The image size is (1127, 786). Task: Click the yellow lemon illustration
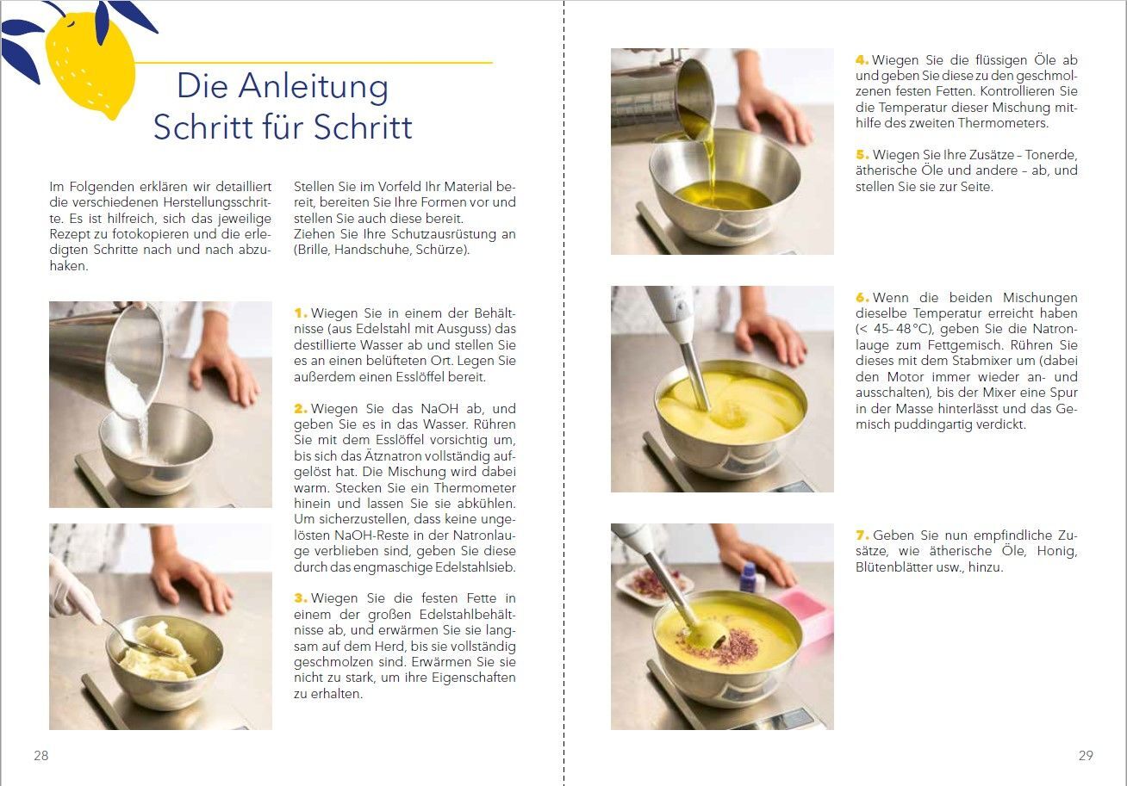pyautogui.click(x=90, y=63)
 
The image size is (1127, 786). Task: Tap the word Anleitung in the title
pyautogui.click(x=314, y=86)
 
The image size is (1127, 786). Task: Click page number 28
pyautogui.click(x=41, y=755)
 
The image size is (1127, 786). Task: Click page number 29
pyautogui.click(x=1086, y=755)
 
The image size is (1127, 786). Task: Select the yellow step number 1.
pyautogui.click(x=301, y=313)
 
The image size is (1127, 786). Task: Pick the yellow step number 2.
pyautogui.click(x=301, y=409)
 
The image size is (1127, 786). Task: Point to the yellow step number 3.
pyautogui.click(x=301, y=598)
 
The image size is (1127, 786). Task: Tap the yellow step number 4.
pyautogui.click(x=862, y=59)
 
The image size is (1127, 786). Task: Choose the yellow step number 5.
pyautogui.click(x=862, y=154)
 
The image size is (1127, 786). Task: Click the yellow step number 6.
pyautogui.click(x=862, y=298)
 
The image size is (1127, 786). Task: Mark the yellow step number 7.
pyautogui.click(x=862, y=535)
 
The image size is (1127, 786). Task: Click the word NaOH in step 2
pyautogui.click(x=439, y=409)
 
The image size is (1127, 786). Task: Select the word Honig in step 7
pyautogui.click(x=1056, y=551)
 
